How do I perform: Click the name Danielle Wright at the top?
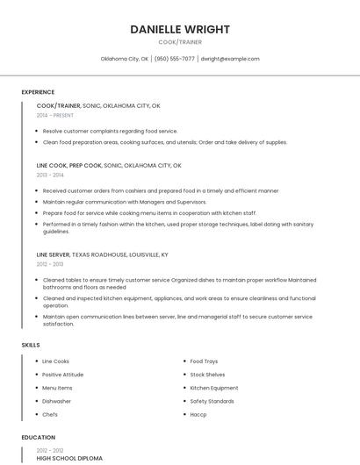180,29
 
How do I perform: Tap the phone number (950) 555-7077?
174,59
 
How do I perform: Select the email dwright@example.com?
230,59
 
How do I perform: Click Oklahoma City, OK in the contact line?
125,59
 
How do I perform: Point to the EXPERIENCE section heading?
38,92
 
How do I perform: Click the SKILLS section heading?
31,345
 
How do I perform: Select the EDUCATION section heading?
39,437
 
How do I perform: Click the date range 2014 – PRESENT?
55,115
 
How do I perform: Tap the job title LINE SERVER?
54,254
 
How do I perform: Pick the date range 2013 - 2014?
50,175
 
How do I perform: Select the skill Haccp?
198,414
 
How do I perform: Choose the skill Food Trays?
204,361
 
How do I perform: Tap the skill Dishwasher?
57,401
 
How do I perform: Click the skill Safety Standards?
212,401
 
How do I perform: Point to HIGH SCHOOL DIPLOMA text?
69,458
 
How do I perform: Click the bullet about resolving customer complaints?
110,131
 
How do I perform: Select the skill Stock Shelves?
208,375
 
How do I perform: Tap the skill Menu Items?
58,388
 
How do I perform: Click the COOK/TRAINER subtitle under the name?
180,41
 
